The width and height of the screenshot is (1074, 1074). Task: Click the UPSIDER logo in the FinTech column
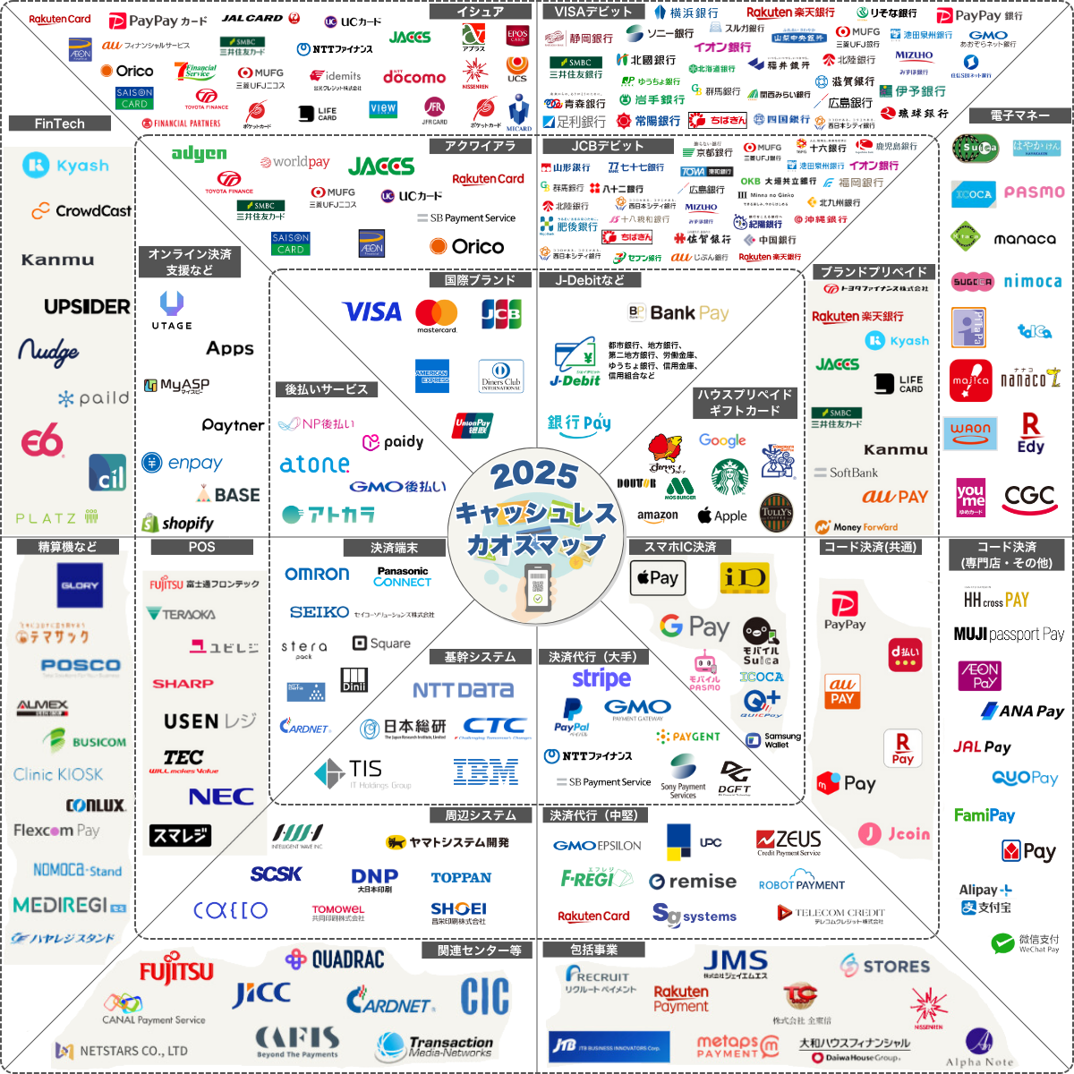[x=87, y=307]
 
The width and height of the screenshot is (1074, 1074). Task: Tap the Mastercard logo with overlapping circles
[x=436, y=312]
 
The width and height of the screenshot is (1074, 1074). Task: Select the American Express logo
[x=432, y=376]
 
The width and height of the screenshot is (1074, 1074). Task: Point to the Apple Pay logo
[x=658, y=578]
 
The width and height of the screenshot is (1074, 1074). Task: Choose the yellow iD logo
[x=744, y=577]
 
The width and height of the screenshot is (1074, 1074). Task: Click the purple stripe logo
[x=601, y=678]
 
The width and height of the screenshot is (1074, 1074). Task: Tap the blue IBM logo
[x=485, y=771]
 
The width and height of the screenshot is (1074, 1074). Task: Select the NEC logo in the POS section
[x=221, y=796]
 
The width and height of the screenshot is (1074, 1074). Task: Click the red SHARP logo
[x=183, y=684]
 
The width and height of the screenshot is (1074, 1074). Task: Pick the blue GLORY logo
[x=79, y=586]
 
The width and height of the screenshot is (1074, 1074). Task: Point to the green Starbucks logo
[x=729, y=477]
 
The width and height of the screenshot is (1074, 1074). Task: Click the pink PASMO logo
[x=1034, y=192]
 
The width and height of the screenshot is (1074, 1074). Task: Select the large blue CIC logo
[x=485, y=996]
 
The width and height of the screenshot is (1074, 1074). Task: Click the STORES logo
[x=885, y=966]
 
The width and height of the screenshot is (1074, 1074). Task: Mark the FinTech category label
[x=59, y=124]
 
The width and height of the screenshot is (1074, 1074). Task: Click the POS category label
[x=201, y=546]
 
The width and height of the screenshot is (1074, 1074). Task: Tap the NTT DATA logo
[x=462, y=690]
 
